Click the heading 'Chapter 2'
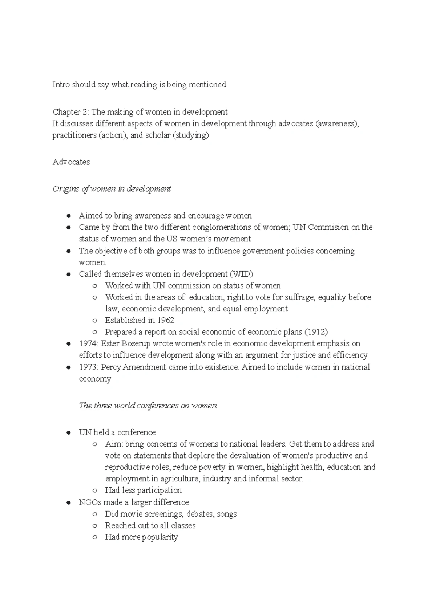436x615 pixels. click(70, 112)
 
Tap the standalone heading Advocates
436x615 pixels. click(71, 162)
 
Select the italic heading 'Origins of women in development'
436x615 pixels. click(112, 189)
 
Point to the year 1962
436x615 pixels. click(166, 320)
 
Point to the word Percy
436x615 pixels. click(111, 367)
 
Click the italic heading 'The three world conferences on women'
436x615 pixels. click(148, 406)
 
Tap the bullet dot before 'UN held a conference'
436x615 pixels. click(68, 433)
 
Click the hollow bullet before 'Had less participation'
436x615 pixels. click(95, 490)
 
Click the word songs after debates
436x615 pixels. click(227, 514)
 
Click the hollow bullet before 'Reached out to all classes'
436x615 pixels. click(95, 526)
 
